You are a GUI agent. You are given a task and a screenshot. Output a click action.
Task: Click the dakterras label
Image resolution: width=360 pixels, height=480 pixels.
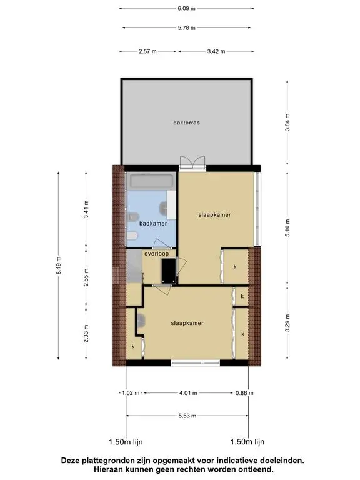tap(186, 122)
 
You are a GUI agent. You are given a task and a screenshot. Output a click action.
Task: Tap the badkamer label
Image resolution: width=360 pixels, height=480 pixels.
tap(153, 224)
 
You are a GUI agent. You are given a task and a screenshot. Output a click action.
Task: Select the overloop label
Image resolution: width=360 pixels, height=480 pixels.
tap(156, 254)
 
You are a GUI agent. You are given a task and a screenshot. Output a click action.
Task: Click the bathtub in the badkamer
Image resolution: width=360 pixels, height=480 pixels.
tap(151, 181)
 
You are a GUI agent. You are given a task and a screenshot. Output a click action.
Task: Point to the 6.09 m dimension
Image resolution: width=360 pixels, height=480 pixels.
tap(186, 8)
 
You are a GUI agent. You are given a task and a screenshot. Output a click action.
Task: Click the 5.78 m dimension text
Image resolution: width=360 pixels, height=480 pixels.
tap(186, 27)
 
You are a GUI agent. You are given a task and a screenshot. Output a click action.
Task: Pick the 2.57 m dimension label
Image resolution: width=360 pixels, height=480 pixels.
tap(147, 51)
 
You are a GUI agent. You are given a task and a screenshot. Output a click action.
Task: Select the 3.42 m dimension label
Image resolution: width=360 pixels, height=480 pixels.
tap(216, 51)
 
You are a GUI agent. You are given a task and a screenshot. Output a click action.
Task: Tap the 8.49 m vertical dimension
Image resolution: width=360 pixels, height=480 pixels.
tap(59, 266)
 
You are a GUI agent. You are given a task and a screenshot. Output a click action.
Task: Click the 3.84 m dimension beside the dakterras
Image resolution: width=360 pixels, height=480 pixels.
tap(287, 122)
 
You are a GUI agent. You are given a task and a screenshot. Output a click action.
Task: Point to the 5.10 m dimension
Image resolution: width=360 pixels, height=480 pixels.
tap(287, 228)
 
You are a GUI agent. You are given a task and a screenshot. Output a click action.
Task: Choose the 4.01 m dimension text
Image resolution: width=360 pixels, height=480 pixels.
tap(188, 392)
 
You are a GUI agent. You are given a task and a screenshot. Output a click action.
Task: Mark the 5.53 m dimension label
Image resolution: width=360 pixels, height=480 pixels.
tap(187, 416)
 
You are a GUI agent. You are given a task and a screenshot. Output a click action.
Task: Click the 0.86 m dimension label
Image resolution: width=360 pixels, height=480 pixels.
tap(244, 392)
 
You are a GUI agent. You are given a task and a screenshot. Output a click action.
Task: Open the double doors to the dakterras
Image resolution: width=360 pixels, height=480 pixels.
tap(192, 163)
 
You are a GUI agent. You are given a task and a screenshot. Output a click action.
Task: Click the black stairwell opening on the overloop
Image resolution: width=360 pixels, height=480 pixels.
tap(169, 271)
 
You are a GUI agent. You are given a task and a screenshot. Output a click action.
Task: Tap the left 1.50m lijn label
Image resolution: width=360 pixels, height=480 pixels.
tap(126, 442)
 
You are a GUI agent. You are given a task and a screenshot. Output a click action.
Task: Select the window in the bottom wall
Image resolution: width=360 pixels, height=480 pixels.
tap(195, 363)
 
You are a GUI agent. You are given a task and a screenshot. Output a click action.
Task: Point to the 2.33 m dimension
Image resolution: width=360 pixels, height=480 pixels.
tap(86, 334)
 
